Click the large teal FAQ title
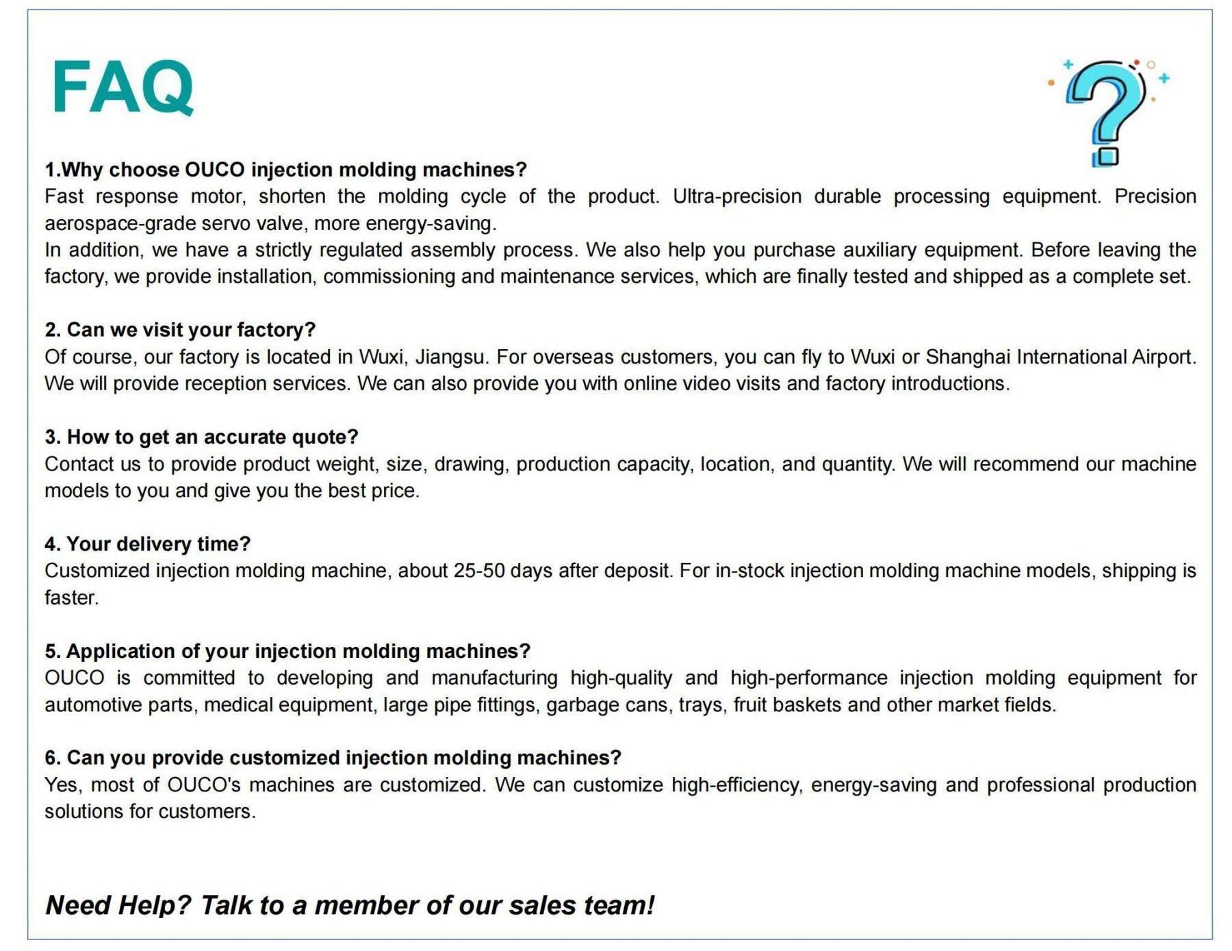click(123, 87)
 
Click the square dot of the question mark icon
click(1105, 156)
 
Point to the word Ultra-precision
click(736, 196)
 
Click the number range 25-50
click(478, 571)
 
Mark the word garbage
click(574, 705)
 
